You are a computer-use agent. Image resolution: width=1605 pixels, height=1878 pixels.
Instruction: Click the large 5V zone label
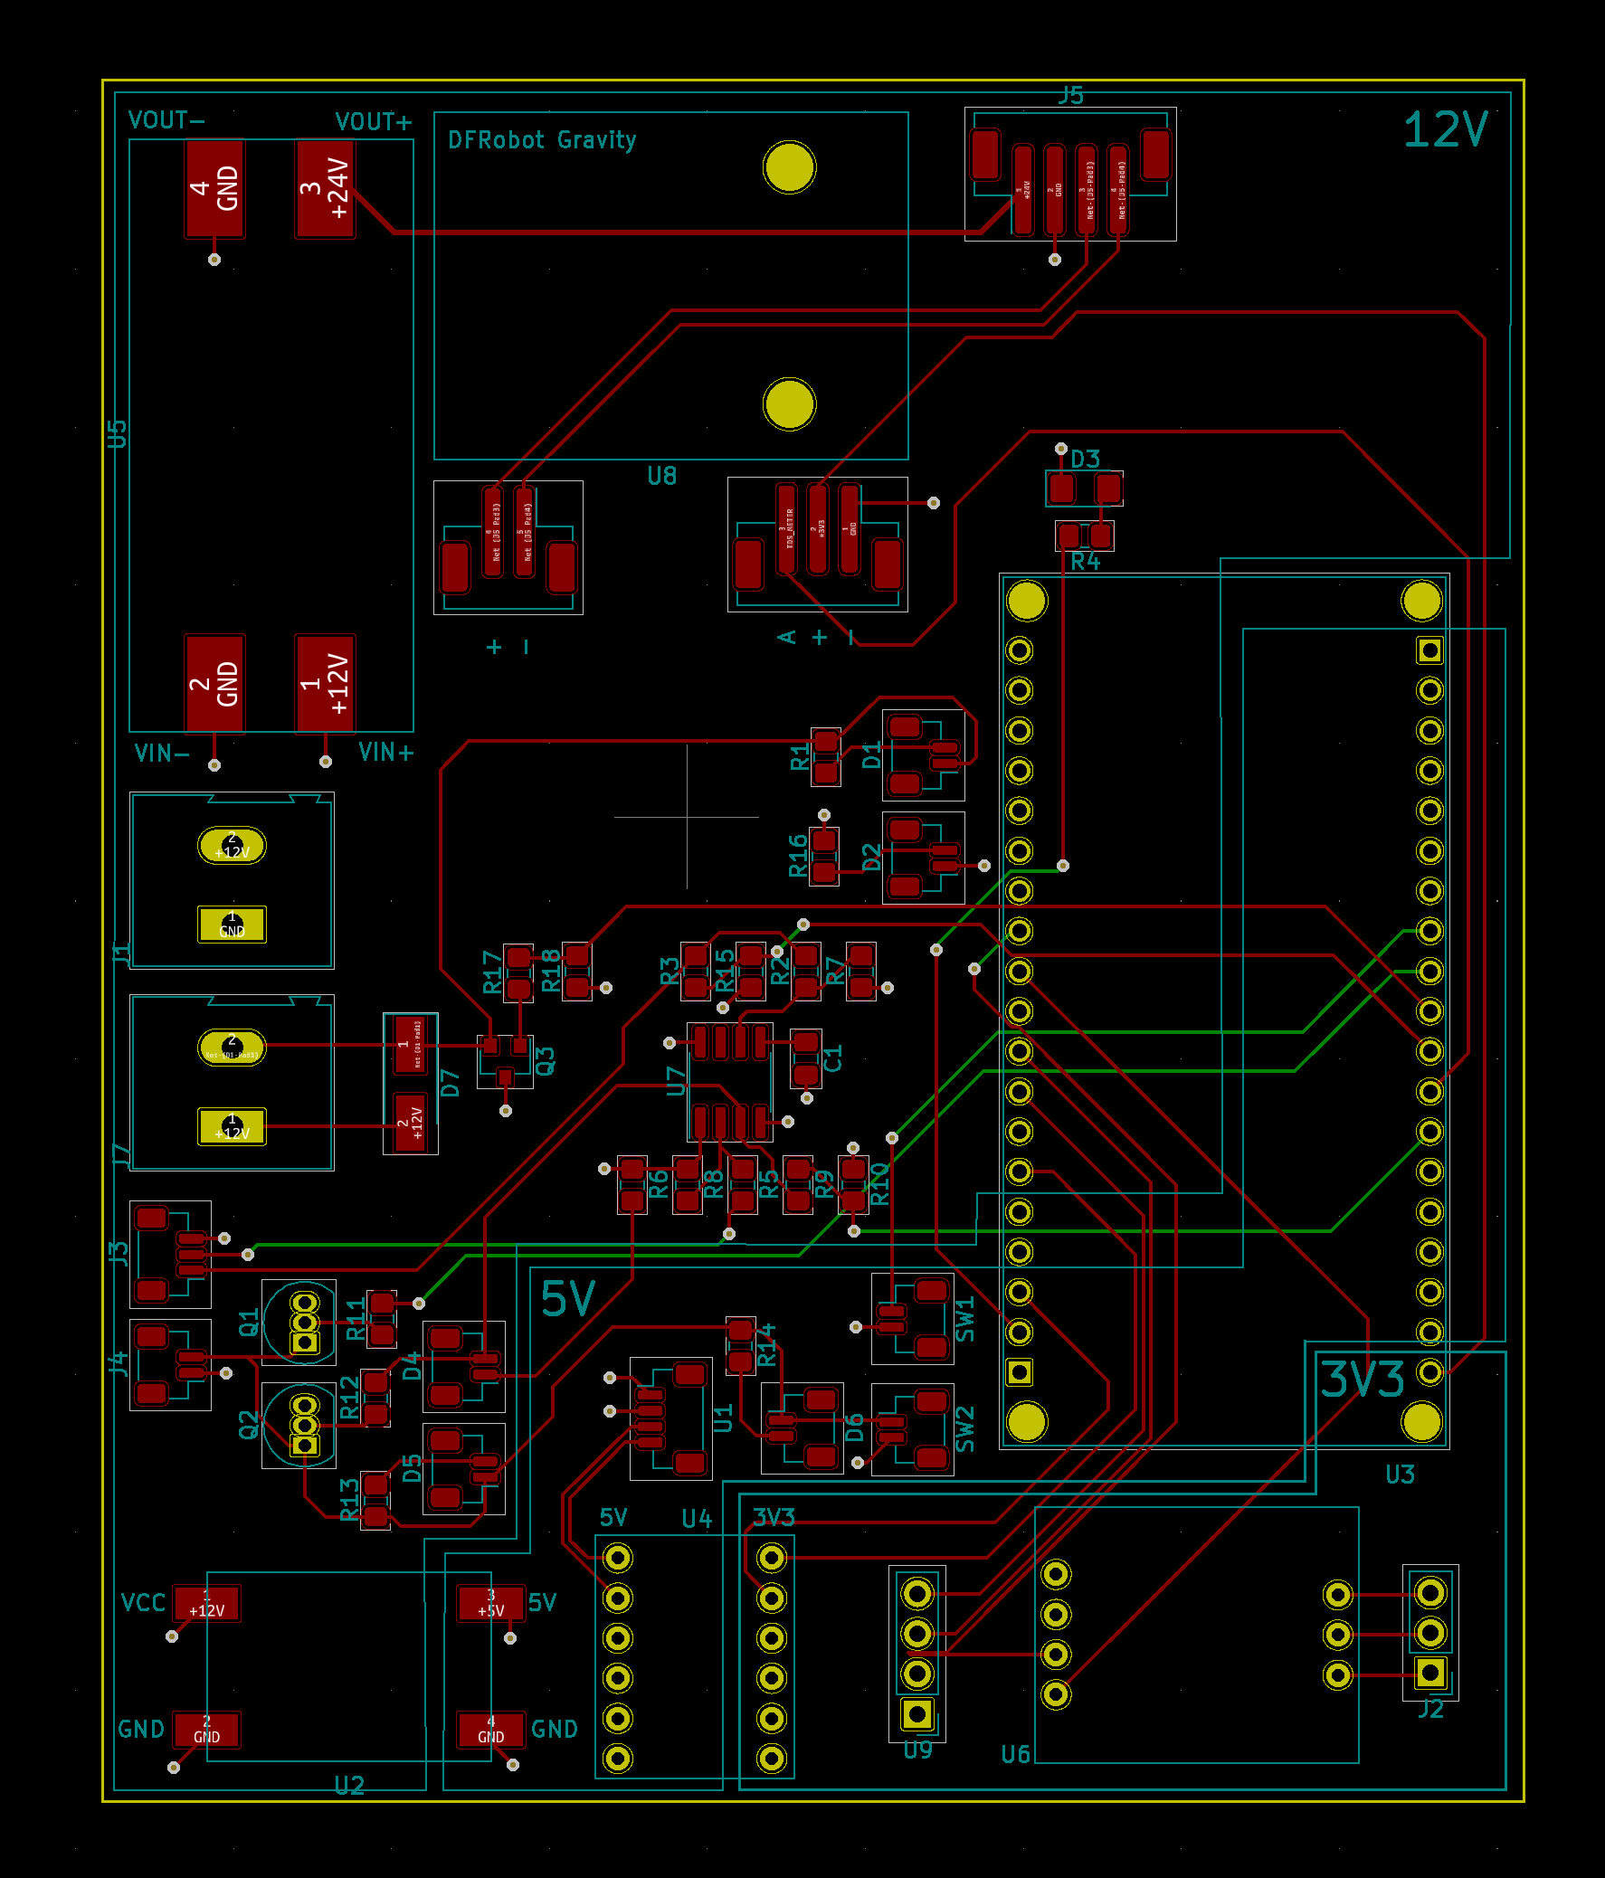click(x=567, y=1300)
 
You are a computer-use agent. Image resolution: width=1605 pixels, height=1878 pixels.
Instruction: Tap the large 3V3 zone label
click(x=1363, y=1380)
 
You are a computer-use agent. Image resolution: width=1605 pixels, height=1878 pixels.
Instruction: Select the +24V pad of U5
click(x=326, y=188)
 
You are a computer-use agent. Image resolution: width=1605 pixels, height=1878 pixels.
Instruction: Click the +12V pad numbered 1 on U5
click(x=326, y=683)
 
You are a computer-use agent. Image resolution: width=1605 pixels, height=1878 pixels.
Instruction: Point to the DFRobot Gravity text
click(x=542, y=140)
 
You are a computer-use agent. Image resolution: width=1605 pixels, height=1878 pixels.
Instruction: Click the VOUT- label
click(x=166, y=120)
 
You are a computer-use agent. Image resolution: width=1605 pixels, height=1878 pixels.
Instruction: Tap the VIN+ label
click(x=386, y=753)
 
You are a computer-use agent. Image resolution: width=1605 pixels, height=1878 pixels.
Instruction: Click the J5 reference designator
click(x=1071, y=96)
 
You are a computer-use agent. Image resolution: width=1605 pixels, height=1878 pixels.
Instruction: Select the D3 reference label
click(x=1085, y=460)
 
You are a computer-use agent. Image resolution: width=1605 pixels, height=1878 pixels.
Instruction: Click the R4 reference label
click(x=1085, y=562)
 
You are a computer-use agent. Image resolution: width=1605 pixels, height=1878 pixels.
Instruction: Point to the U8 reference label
click(x=661, y=477)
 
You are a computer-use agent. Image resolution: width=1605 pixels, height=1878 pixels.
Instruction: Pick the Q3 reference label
click(x=546, y=1060)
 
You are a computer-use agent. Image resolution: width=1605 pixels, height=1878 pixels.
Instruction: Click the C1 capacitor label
click(x=834, y=1058)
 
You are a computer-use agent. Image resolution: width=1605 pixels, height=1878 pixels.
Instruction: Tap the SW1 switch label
click(x=966, y=1319)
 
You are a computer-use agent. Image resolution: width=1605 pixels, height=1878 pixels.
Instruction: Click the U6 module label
click(x=1016, y=1755)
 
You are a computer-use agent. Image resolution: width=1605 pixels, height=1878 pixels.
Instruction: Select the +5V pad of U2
click(x=491, y=1602)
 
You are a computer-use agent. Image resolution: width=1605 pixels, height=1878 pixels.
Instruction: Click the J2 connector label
click(x=1430, y=1710)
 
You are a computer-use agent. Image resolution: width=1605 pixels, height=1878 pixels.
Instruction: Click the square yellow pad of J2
click(x=1430, y=1673)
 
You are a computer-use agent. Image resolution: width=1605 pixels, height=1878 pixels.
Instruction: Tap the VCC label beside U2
click(x=143, y=1602)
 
